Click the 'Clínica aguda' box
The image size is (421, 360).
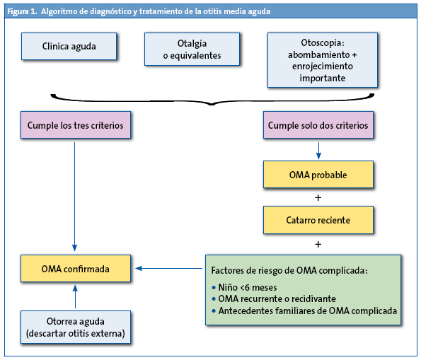[69, 47]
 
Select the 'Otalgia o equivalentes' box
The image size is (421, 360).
[192, 49]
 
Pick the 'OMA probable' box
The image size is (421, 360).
[318, 174]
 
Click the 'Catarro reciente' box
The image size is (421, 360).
[318, 220]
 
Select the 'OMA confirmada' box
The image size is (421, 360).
[75, 268]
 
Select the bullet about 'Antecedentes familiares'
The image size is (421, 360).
[304, 310]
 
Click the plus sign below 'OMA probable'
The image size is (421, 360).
[318, 197]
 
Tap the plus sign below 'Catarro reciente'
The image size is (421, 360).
[318, 244]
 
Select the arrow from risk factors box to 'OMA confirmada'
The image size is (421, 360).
[170, 268]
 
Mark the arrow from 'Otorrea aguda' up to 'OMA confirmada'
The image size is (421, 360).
[75, 296]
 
